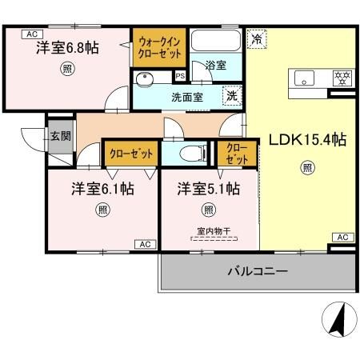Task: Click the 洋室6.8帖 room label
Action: (x=67, y=48)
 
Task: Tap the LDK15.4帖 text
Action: (x=306, y=139)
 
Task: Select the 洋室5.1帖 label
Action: (x=208, y=190)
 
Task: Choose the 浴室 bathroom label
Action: (x=214, y=66)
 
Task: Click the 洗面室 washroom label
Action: (x=186, y=96)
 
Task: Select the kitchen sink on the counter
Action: (x=306, y=78)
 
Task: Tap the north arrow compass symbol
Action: (x=336, y=323)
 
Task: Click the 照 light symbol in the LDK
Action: (x=306, y=167)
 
